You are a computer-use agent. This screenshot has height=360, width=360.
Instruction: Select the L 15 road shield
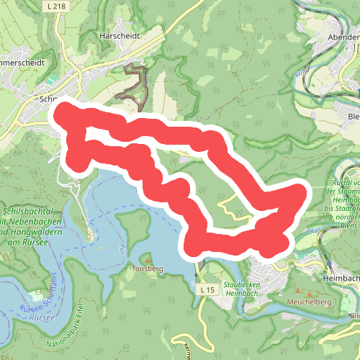[x=207, y=289]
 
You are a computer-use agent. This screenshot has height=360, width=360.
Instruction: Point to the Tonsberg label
[x=148, y=269]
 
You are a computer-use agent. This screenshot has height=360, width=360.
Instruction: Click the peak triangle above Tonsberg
[x=148, y=260]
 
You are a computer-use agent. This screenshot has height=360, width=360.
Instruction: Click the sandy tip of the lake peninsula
[x=90, y=236]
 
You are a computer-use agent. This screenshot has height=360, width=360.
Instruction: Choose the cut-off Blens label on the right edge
[x=352, y=116]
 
